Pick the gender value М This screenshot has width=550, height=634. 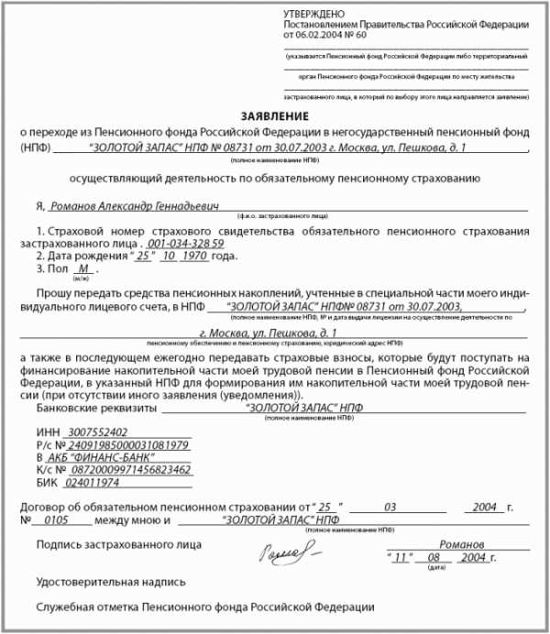point(82,270)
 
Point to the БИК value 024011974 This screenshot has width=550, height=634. point(94,482)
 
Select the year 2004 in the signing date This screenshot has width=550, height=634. point(473,557)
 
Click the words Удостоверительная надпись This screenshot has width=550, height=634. point(111,581)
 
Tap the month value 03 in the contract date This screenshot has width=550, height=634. point(390,506)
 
